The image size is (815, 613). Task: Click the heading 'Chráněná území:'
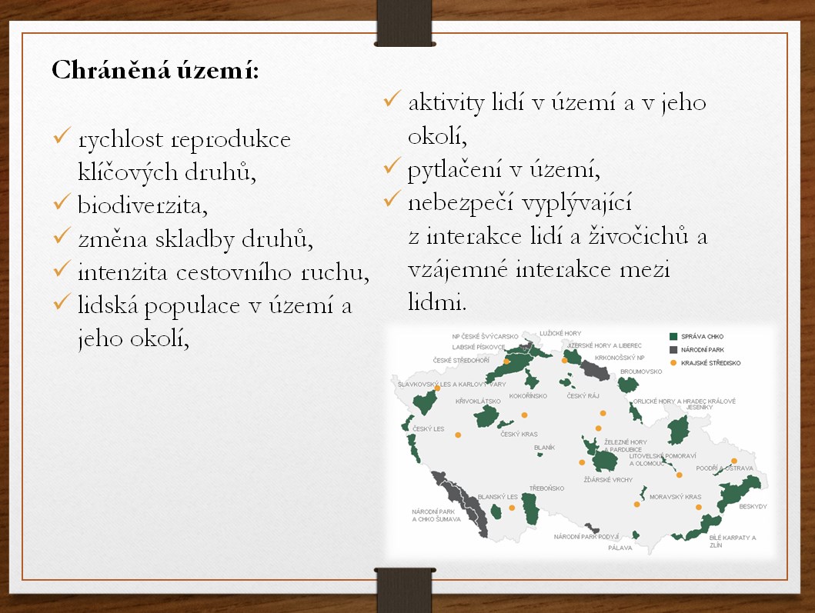pyautogui.click(x=155, y=70)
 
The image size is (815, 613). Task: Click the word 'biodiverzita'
pyautogui.click(x=142, y=205)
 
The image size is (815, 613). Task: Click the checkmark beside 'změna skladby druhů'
pyautogui.click(x=62, y=236)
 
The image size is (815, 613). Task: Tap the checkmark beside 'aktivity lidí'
pyautogui.click(x=392, y=98)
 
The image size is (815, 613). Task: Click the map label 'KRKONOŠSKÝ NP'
pyautogui.click(x=620, y=358)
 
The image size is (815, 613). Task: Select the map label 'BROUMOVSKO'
pyautogui.click(x=641, y=371)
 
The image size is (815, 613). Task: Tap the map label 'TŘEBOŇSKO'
pyautogui.click(x=546, y=488)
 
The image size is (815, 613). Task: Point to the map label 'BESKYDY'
pyautogui.click(x=753, y=507)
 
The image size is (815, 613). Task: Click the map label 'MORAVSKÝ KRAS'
pyautogui.click(x=675, y=497)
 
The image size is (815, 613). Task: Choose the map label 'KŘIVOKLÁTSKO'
pyautogui.click(x=478, y=401)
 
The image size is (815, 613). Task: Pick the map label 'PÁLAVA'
pyautogui.click(x=620, y=548)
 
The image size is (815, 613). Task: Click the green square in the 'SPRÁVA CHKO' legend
pyautogui.click(x=673, y=337)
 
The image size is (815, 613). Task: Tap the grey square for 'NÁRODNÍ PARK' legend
pyautogui.click(x=673, y=350)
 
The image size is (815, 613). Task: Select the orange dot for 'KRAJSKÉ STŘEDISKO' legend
pyautogui.click(x=673, y=362)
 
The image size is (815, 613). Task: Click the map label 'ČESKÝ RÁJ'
pyautogui.click(x=583, y=396)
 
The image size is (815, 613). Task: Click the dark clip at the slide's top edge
pyautogui.click(x=404, y=23)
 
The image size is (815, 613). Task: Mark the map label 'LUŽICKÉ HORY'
pyautogui.click(x=560, y=334)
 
